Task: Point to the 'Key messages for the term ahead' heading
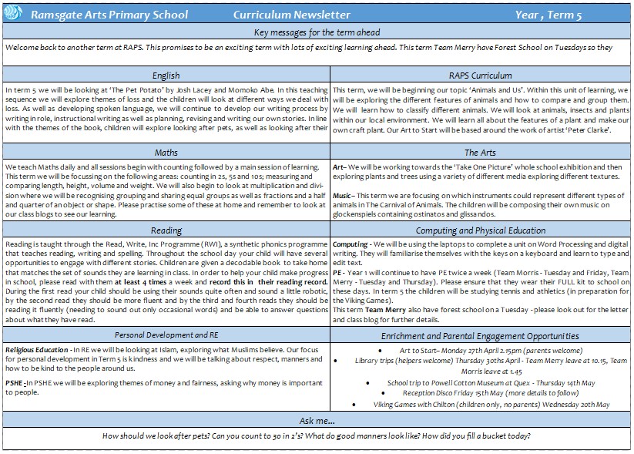317,32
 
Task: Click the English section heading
166,76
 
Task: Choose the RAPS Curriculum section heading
480,76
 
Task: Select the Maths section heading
166,153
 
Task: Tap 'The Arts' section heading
480,153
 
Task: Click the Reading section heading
166,230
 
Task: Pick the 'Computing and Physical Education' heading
480,230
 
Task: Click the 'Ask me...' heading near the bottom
317,421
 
